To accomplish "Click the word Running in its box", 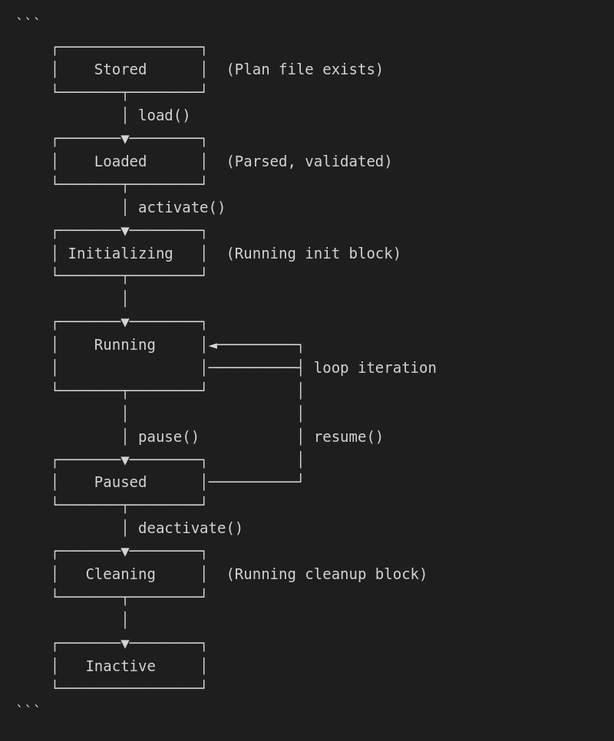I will pos(124,345).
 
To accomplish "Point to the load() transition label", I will pos(164,116).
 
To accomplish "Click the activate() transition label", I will pos(182,208).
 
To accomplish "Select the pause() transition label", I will pos(169,437).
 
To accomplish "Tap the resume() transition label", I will pos(348,437).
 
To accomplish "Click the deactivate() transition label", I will pos(190,529).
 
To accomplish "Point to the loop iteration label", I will pos(375,368).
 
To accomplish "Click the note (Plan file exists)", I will pos(305,70).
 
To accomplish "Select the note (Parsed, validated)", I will pos(309,162).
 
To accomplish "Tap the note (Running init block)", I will pos(314,253).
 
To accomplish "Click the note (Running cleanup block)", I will pos(327,575).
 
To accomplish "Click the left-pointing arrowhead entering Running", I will pos(213,346).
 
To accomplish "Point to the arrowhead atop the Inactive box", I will pos(125,644).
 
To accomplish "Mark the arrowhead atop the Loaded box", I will pos(125,140).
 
